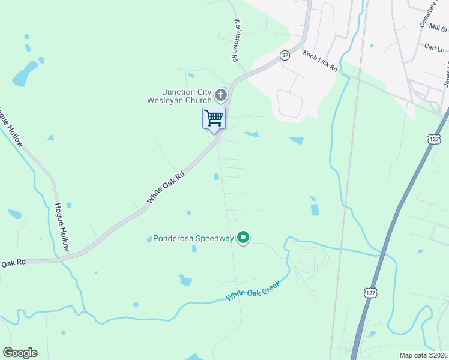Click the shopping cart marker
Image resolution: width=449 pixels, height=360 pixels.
coord(214,118)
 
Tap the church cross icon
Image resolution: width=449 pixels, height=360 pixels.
coord(221,95)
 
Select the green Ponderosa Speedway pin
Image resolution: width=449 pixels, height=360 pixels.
coord(243,238)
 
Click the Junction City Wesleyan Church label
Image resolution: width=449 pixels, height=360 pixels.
coord(179,96)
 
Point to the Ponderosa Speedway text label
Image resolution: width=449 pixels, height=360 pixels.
coord(193,239)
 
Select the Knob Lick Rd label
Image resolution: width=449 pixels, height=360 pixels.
coord(321,61)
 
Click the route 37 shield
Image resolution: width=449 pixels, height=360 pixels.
coord(285,55)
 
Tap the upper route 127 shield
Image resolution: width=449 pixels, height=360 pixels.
coord(435,139)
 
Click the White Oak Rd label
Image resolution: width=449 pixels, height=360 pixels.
coord(165,186)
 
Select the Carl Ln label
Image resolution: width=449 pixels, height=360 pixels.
coord(434,47)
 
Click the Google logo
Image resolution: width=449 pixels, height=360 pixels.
coord(20,353)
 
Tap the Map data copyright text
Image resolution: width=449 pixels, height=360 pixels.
coord(424,355)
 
